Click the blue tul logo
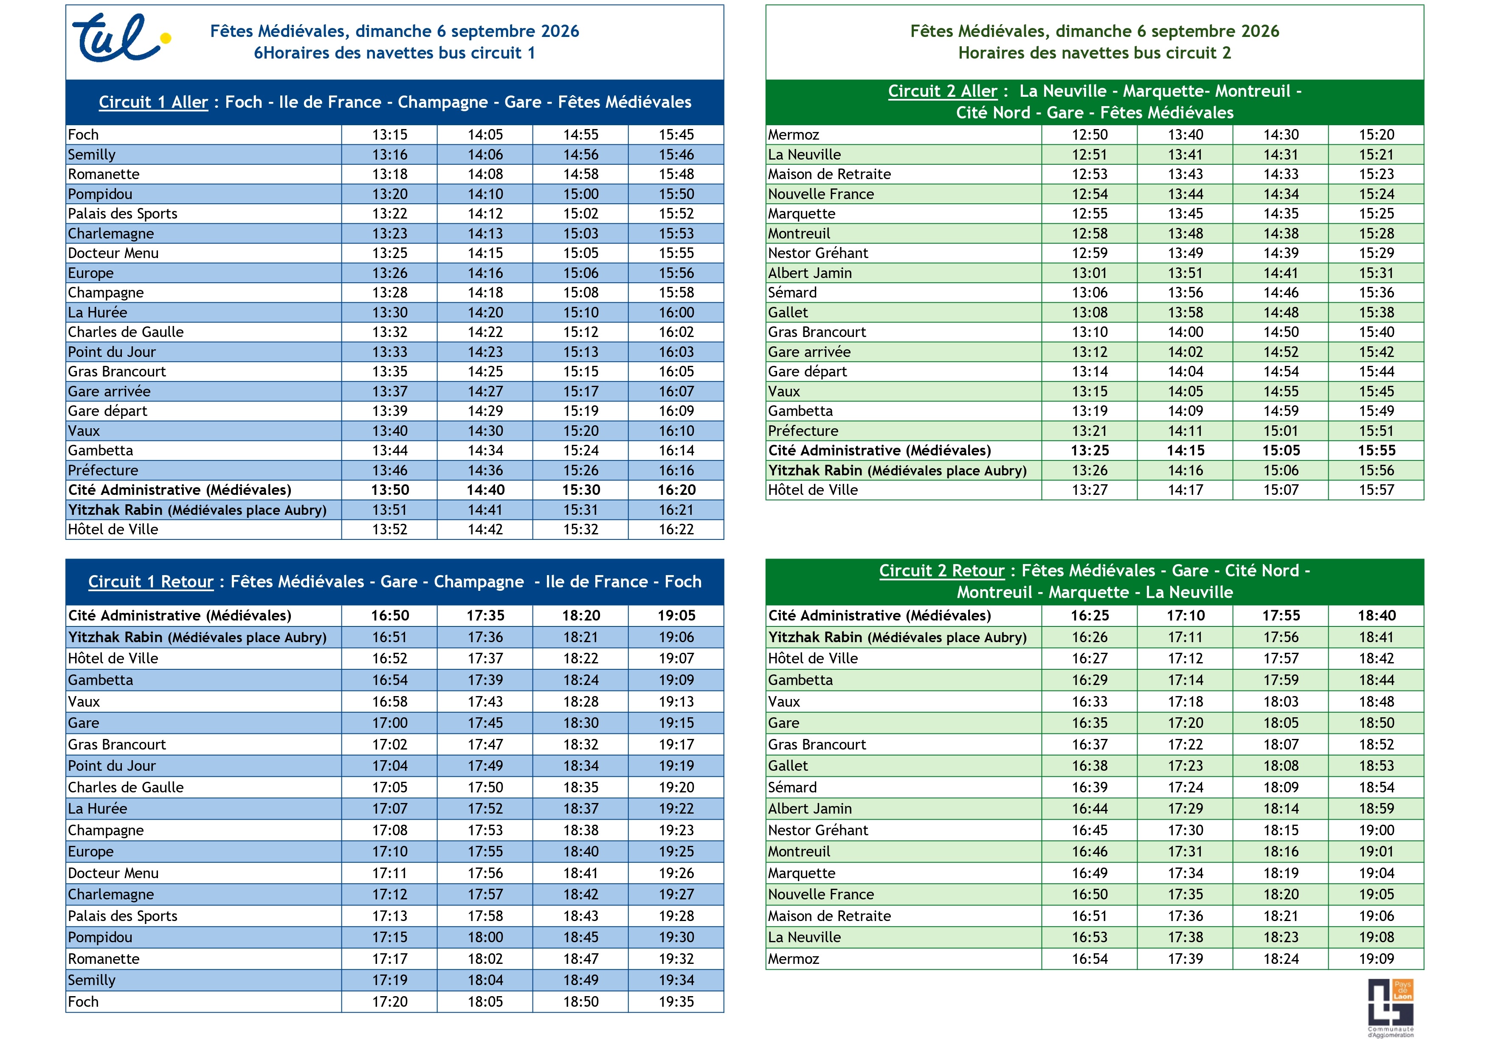(117, 38)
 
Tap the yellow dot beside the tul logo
(166, 38)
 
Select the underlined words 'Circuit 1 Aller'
(153, 102)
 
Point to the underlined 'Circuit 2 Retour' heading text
(942, 570)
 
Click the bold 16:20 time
(676, 490)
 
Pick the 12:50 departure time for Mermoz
(1090, 134)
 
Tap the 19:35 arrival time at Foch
(676, 1001)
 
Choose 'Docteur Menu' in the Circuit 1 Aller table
(113, 253)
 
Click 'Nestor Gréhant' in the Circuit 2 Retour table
(818, 830)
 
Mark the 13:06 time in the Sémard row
(1090, 292)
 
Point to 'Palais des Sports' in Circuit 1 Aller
(123, 213)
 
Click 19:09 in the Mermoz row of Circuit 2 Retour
(1377, 958)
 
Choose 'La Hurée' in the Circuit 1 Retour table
(97, 809)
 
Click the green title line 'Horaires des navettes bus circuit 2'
(1094, 53)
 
